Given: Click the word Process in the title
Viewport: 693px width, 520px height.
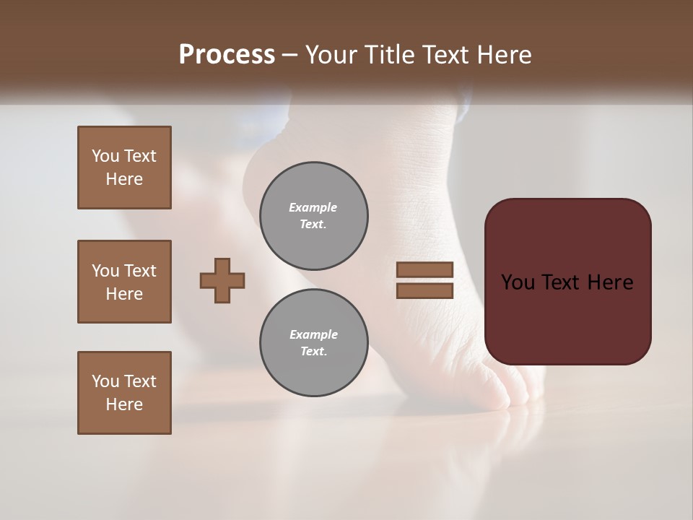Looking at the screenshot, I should point(227,55).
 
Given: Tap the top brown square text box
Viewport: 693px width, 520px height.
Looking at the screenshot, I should point(124,168).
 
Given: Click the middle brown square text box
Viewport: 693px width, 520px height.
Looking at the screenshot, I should point(124,282).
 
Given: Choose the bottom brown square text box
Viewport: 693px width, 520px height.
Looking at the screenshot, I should point(124,393).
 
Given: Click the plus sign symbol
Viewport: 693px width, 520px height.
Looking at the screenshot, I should point(222,280).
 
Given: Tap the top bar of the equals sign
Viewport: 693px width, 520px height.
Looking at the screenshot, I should point(424,269).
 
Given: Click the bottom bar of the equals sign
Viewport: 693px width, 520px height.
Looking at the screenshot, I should point(424,290).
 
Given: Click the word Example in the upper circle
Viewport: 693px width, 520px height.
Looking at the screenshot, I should point(313,207).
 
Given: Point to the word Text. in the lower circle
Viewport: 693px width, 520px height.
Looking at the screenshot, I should point(313,352).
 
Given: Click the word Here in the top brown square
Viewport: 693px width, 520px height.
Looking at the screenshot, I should point(124,179).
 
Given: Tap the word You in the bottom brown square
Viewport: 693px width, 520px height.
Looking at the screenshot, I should point(105,381).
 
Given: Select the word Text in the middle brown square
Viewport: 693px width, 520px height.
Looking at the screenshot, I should point(140,271).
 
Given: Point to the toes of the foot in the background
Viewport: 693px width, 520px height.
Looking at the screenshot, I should point(516,394).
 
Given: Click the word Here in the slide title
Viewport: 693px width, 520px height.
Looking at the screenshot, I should point(504,55).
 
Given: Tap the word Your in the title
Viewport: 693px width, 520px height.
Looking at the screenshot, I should point(331,55).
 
